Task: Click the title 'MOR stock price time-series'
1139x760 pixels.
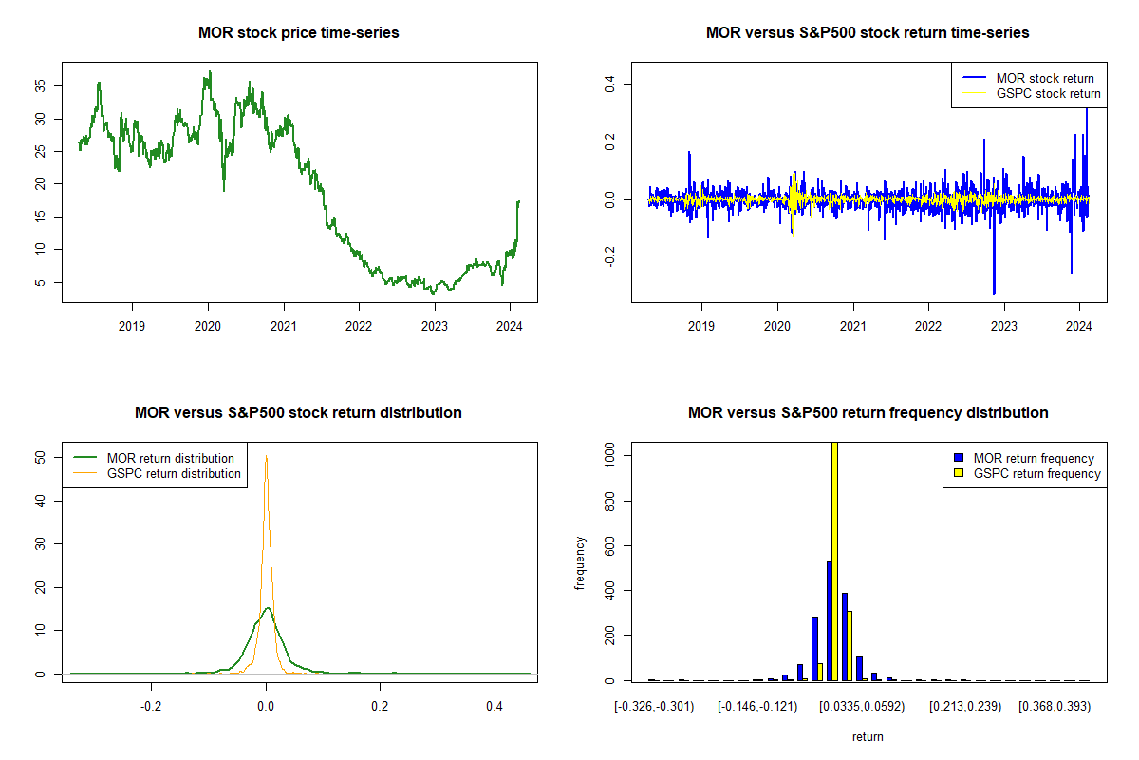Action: tap(299, 32)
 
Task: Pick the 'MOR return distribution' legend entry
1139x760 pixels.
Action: tap(171, 458)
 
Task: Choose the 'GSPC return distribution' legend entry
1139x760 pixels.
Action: tap(174, 473)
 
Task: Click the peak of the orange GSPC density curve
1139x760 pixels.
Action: tap(267, 457)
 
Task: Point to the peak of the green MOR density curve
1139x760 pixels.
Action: tap(268, 608)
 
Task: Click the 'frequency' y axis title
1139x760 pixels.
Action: tap(581, 562)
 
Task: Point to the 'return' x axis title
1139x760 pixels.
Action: tap(868, 736)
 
